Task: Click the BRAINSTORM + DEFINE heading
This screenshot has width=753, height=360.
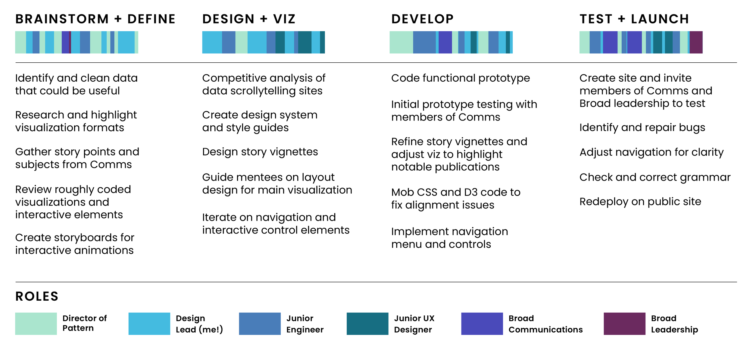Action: [x=95, y=19]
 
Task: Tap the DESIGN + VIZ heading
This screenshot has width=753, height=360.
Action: [x=249, y=19]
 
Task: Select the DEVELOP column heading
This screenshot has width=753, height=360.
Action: [x=422, y=19]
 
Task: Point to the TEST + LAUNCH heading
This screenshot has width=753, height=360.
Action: [x=634, y=19]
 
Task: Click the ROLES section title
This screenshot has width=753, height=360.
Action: [x=37, y=296]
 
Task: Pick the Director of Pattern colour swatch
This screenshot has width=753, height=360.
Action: [x=36, y=324]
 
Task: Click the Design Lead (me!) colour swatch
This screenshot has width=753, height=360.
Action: [x=149, y=324]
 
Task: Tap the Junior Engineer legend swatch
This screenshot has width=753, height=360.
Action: [x=260, y=324]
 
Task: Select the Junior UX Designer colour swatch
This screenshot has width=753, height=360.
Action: [x=367, y=324]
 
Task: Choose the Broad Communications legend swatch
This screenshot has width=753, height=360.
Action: [x=482, y=324]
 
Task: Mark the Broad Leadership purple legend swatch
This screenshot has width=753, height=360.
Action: [x=624, y=324]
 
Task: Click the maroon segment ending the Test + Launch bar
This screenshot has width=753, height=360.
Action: [x=696, y=42]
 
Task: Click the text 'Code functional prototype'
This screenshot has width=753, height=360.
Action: [x=460, y=78]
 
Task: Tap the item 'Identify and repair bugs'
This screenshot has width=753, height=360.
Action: [x=642, y=128]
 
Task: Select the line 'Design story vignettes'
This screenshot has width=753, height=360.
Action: [x=260, y=152]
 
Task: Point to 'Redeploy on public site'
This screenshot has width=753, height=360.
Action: [x=640, y=202]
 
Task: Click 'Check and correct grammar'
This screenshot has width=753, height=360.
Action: [x=655, y=177]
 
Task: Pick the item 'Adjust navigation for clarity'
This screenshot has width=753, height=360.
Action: [x=651, y=152]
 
